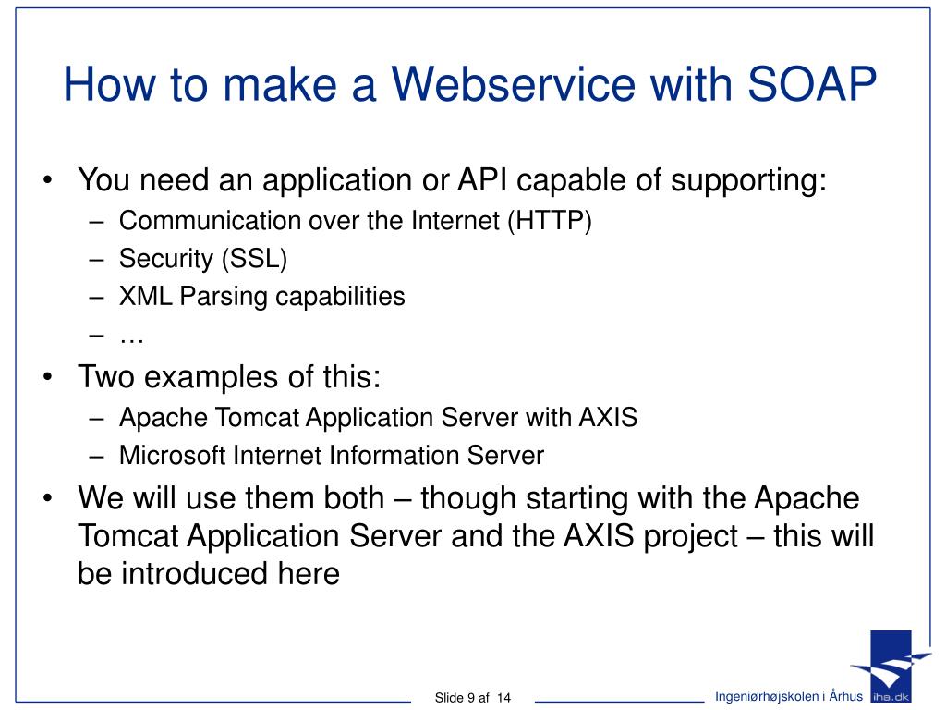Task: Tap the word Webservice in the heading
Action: [x=515, y=85]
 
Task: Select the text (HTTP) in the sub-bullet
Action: [x=548, y=221]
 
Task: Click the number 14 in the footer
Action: [x=503, y=697]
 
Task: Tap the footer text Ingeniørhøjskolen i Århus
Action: [x=789, y=696]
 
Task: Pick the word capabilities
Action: [x=354, y=297]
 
